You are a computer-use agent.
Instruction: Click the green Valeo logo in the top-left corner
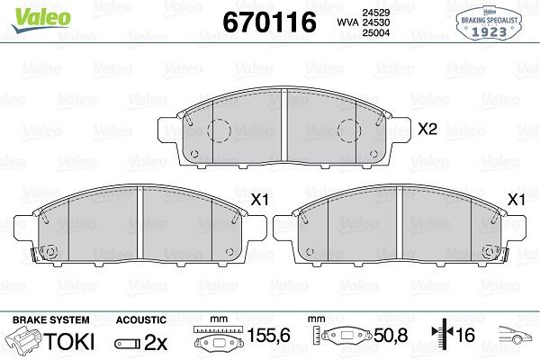click(30, 12)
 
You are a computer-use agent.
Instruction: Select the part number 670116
click(263, 22)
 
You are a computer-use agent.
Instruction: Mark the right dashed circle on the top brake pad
click(348, 132)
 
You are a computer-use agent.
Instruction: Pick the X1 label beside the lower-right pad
click(517, 199)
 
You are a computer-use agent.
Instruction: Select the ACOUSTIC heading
click(141, 320)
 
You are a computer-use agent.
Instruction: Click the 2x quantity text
click(155, 342)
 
